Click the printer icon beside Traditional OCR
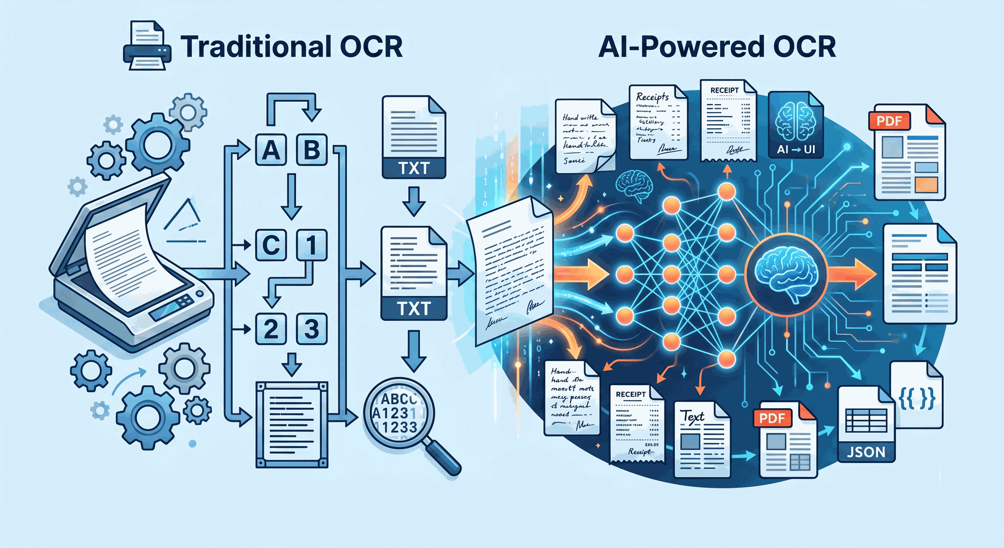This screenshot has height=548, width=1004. (x=147, y=47)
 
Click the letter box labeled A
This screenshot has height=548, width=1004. (x=270, y=150)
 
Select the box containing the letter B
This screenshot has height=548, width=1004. (x=312, y=150)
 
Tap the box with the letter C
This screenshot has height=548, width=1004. (x=270, y=245)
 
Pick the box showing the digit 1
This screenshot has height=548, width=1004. (x=312, y=245)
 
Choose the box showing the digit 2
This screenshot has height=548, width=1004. (x=270, y=329)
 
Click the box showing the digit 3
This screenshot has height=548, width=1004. (x=312, y=329)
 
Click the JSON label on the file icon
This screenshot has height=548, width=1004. (x=866, y=452)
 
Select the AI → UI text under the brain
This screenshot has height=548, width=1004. (x=796, y=150)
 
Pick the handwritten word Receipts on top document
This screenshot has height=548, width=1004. (x=652, y=97)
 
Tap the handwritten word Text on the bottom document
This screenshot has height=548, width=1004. (x=693, y=417)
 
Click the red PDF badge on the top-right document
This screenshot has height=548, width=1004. (x=889, y=121)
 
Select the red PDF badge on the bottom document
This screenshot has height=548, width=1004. (x=772, y=418)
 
